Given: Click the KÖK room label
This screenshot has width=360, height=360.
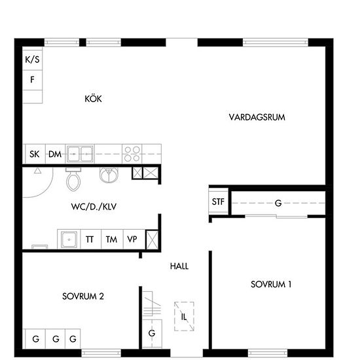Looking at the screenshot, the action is click(x=93, y=99).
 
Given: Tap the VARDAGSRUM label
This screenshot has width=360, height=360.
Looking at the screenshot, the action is click(x=257, y=117).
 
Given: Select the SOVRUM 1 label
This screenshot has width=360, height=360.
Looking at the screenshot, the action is click(x=271, y=285).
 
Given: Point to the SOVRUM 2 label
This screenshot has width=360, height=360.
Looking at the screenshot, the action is click(x=83, y=297).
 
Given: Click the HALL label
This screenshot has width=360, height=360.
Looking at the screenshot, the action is click(x=179, y=266).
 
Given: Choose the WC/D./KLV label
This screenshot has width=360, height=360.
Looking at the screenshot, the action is click(x=94, y=207).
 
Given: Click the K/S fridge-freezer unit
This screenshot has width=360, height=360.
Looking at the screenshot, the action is click(x=32, y=60).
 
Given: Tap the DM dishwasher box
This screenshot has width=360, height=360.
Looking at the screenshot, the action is click(x=56, y=154).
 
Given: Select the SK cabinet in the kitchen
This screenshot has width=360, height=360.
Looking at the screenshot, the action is click(x=35, y=154).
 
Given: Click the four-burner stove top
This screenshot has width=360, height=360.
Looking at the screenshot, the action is click(x=132, y=154).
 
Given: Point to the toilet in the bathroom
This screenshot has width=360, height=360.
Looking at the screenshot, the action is click(x=73, y=179).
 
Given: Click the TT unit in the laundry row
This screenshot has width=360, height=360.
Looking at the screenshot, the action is click(x=91, y=239).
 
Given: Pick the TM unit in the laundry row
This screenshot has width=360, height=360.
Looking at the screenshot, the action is click(x=112, y=239).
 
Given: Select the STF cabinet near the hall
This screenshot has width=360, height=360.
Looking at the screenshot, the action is click(x=218, y=202).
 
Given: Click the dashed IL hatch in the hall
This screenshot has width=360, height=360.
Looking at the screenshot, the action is click(x=184, y=316).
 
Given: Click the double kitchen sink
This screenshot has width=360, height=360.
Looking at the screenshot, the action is click(x=80, y=154).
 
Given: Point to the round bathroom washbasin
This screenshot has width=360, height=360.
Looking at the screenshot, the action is click(x=109, y=175).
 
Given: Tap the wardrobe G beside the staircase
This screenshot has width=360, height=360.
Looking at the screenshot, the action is click(x=152, y=333).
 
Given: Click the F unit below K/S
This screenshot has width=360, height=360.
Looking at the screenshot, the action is click(x=32, y=80).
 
